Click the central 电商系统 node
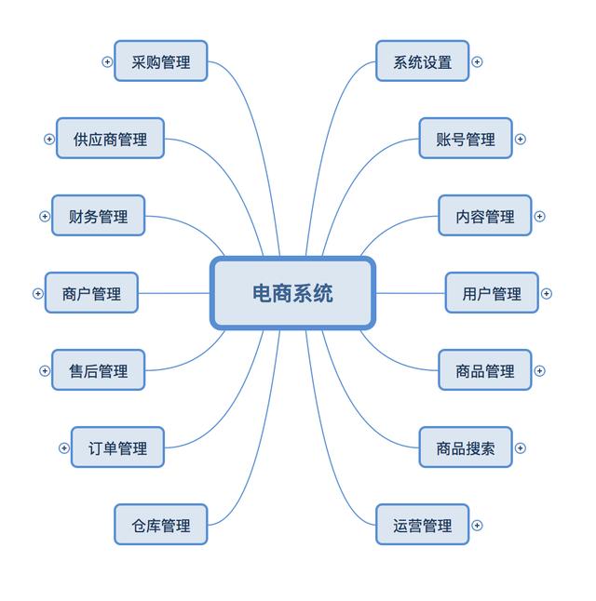[292, 293]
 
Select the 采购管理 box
[161, 61]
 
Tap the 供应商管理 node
[110, 139]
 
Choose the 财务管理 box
[98, 216]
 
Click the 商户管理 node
[91, 293]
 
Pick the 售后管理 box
[98, 370]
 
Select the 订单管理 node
[117, 447]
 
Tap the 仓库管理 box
[161, 525]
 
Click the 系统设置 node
[422, 61]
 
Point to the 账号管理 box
[466, 139]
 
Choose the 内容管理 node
[485, 216]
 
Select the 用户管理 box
[492, 293]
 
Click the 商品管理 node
[485, 370]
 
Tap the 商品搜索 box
[466, 447]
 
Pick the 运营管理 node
[422, 525]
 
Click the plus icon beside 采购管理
[107, 61]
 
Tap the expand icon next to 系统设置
[477, 61]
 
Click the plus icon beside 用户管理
[547, 293]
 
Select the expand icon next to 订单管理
[63, 447]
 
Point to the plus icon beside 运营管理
[477, 525]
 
